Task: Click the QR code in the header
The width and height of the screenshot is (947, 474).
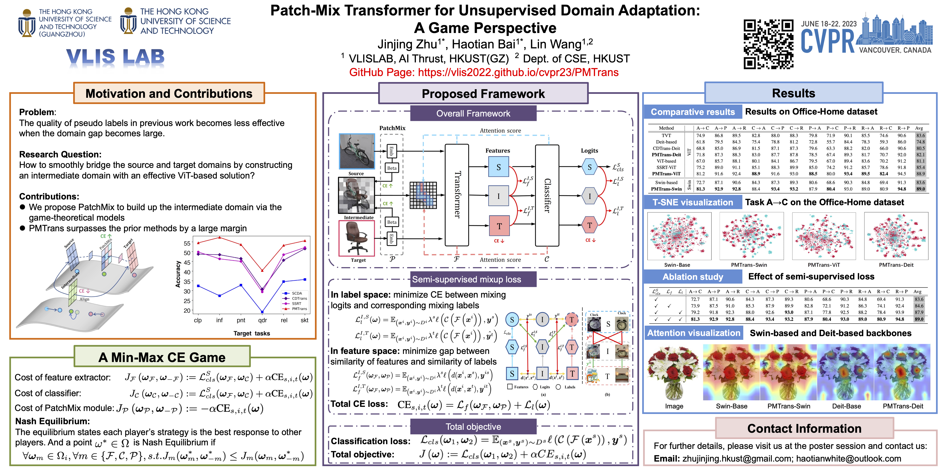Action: point(768,44)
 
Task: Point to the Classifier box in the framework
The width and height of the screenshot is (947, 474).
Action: point(547,195)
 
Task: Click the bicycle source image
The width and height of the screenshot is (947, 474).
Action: point(356,151)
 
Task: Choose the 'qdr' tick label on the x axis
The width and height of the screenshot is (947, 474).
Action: point(262,320)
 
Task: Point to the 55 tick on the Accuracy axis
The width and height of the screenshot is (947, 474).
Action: point(187,243)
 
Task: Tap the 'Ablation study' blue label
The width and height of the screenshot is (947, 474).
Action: point(693,277)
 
